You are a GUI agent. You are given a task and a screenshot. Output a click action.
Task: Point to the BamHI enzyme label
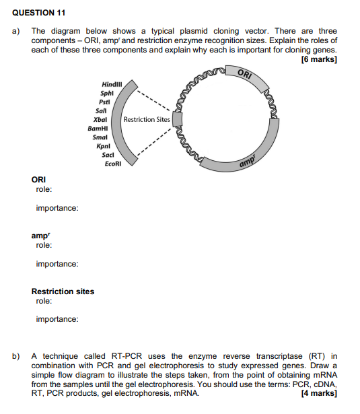98,128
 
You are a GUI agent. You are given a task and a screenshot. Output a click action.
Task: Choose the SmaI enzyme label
100,137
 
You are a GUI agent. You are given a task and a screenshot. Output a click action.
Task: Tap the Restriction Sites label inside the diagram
147,120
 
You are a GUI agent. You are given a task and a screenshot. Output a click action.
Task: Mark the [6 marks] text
320,59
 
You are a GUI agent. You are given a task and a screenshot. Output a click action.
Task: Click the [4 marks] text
320,393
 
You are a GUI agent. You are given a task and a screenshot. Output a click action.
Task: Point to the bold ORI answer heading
39,180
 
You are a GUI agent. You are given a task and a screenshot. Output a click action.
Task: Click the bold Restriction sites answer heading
63,291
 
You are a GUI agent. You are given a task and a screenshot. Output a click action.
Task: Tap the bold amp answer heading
40,236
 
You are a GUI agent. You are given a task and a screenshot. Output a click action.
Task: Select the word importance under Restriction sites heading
57,319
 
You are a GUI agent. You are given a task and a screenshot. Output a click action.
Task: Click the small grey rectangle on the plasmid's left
178,120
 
